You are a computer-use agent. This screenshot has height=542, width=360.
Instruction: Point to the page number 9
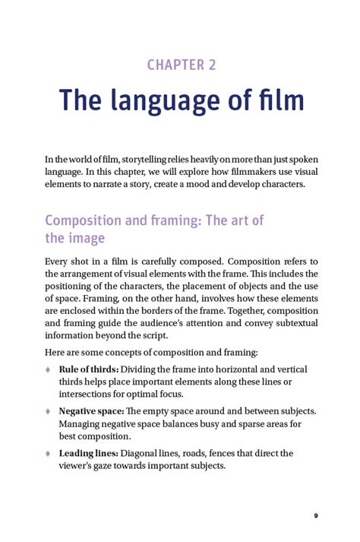pos(316,516)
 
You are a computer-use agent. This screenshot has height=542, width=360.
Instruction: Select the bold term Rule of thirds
pos(88,369)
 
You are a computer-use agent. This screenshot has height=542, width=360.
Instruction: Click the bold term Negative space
pos(90,411)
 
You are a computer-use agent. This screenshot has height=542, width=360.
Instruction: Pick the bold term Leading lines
pos(87,453)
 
